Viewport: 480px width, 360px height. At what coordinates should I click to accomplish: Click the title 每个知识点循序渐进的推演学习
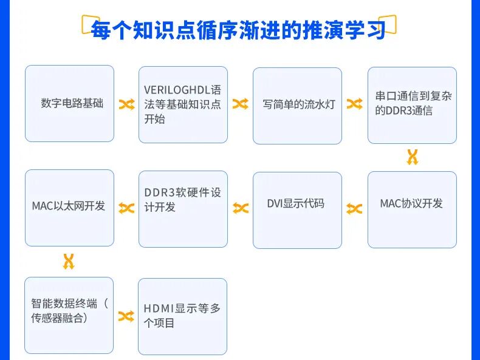[238, 29]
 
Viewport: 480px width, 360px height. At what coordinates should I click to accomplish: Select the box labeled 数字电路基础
[69, 103]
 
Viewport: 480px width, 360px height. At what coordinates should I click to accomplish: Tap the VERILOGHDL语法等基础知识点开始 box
[183, 104]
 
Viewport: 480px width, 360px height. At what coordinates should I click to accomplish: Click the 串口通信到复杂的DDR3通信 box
[412, 105]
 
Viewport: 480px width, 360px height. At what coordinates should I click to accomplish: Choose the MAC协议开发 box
[412, 209]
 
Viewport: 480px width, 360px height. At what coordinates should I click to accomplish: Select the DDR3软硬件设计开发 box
[183, 209]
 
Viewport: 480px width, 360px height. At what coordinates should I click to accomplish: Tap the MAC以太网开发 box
[69, 208]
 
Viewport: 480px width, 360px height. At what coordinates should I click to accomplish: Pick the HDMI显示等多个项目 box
[182, 316]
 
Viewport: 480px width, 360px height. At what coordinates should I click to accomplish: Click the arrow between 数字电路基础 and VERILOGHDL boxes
[126, 104]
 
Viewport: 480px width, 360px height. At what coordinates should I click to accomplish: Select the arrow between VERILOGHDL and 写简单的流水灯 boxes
[240, 104]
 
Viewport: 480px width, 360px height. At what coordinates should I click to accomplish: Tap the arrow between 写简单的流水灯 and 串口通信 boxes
[354, 104]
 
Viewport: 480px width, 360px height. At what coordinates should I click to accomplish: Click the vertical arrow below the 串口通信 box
[413, 157]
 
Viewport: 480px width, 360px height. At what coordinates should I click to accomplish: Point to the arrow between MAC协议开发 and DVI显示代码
[354, 209]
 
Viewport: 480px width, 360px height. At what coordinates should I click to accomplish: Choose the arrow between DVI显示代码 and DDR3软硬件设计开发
[241, 209]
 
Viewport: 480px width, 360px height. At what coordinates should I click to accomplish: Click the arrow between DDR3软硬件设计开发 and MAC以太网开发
[126, 208]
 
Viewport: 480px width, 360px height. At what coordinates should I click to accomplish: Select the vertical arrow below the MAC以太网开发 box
[69, 262]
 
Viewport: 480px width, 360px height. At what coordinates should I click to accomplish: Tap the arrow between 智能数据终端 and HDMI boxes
[126, 316]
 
